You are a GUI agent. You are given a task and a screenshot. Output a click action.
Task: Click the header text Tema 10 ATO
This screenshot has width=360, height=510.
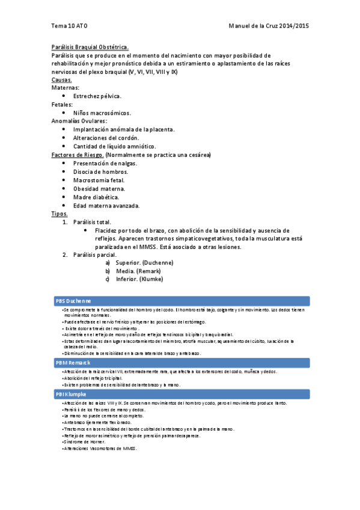point(69,26)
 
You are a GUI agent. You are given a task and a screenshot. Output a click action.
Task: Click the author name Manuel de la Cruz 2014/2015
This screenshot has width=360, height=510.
point(269,26)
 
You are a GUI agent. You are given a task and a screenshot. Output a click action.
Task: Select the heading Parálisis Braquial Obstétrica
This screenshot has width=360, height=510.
point(90,47)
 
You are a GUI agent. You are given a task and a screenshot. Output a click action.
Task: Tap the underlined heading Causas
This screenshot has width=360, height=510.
point(62,79)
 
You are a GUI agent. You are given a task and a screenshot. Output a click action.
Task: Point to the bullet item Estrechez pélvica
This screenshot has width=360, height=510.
point(97,96)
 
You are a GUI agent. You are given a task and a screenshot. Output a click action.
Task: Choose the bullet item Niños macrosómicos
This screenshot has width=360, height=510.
point(102,112)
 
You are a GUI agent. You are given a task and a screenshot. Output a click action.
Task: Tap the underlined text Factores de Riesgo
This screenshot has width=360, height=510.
point(78,155)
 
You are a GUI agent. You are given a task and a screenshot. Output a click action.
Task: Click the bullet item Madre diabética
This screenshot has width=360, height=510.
point(96,197)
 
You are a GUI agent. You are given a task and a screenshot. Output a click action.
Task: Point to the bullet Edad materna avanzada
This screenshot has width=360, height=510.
point(106,205)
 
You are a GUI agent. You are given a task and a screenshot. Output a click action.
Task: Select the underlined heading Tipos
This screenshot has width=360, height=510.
point(60,214)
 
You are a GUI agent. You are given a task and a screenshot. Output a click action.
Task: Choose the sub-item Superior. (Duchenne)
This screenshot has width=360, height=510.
point(144,263)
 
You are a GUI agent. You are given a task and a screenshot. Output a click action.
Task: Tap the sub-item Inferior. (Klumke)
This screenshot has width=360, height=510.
point(139,279)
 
